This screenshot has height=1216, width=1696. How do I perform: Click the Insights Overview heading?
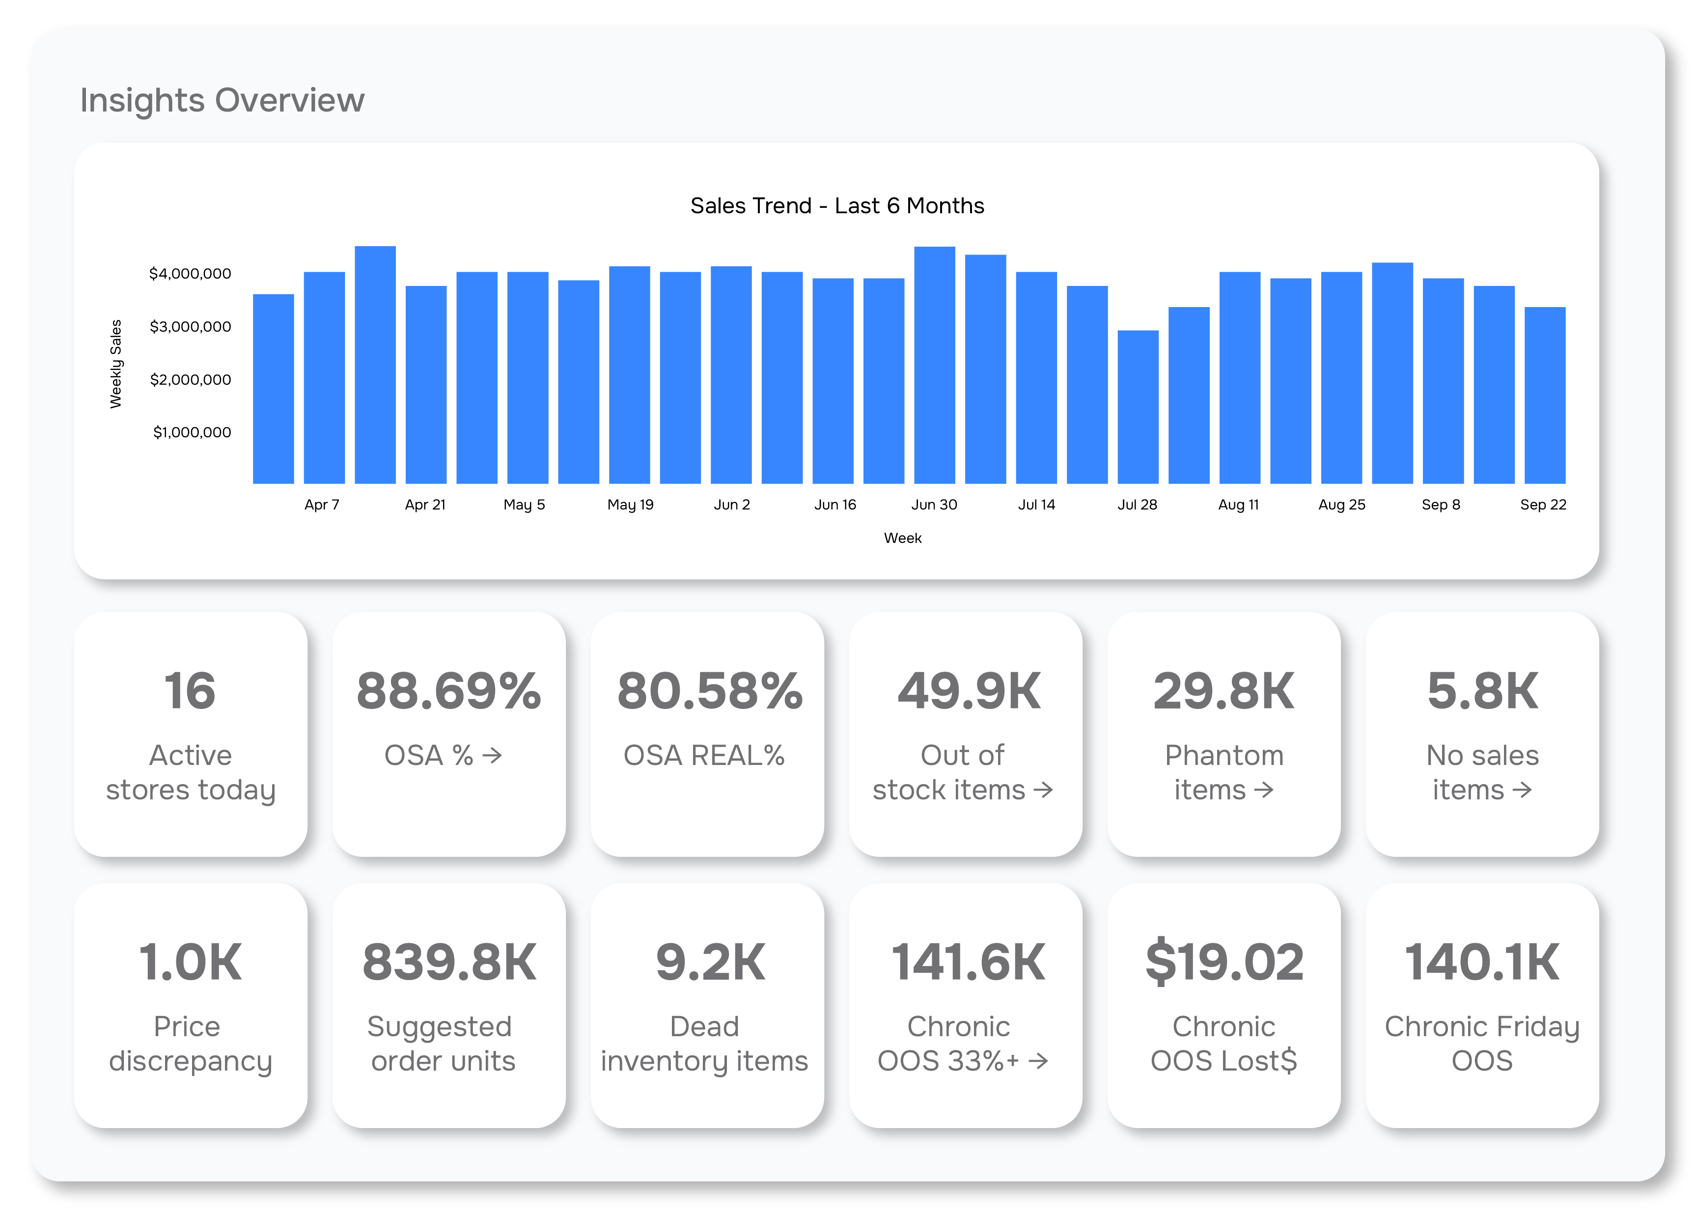pyautogui.click(x=222, y=100)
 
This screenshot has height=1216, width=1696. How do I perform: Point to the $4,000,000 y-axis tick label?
pyautogui.click(x=190, y=274)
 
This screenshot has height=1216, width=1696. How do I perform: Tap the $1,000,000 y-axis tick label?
pyautogui.click(x=192, y=432)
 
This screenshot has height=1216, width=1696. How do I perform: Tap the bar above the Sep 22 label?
pyautogui.click(x=1544, y=396)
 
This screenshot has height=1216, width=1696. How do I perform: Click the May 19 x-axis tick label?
pyautogui.click(x=630, y=505)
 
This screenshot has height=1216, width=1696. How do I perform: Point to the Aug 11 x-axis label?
pyautogui.click(x=1238, y=505)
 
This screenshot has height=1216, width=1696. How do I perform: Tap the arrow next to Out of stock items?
pyautogui.click(x=1043, y=790)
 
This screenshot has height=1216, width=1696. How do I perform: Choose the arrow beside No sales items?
pyautogui.click(x=1522, y=790)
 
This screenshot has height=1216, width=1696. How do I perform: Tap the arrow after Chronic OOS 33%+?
pyautogui.click(x=1038, y=1061)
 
